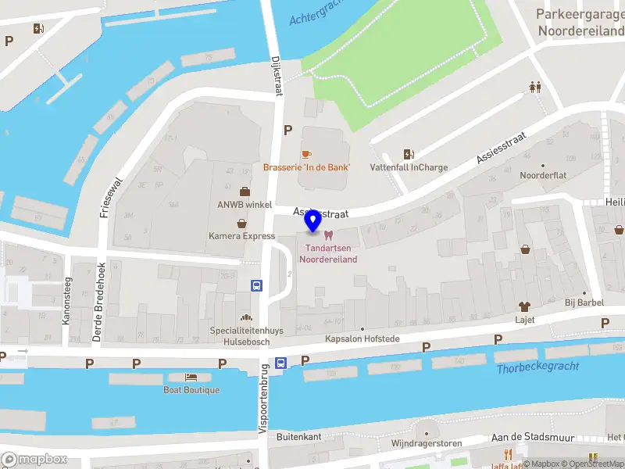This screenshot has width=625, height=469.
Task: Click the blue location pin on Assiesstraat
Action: [x=313, y=221]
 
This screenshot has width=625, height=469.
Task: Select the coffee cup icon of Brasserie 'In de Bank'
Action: [x=306, y=154]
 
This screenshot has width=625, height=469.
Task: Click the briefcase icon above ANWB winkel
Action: [x=245, y=192]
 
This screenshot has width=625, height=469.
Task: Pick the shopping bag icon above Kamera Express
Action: [x=241, y=223]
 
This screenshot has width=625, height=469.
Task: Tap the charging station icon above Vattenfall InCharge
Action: [x=408, y=154]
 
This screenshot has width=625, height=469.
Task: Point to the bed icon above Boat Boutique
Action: [x=191, y=378]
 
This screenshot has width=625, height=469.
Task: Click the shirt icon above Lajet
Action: [x=524, y=307]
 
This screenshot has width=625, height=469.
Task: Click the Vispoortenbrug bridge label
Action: [x=263, y=399]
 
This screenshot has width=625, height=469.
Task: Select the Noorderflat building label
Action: [x=543, y=176]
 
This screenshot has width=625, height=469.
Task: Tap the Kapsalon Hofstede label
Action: [x=362, y=339]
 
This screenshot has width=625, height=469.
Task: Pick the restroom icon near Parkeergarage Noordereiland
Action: [x=535, y=87]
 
